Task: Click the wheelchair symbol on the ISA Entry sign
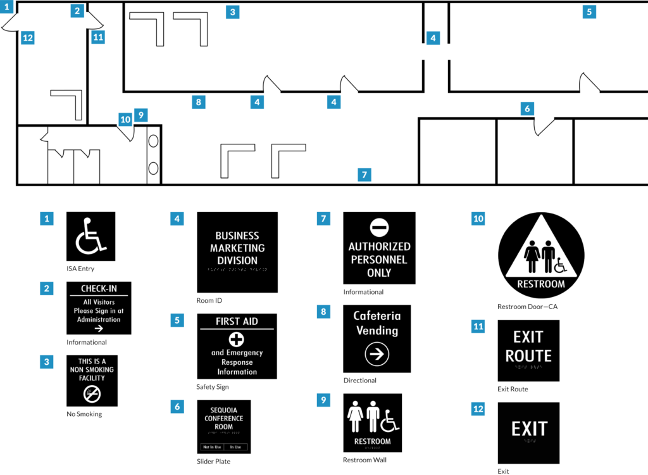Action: click(90, 236)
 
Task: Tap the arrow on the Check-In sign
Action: click(98, 328)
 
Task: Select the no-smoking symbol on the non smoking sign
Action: click(92, 395)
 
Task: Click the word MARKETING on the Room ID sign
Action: click(237, 248)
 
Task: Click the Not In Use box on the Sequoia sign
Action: click(211, 447)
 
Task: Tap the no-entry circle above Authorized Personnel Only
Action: click(379, 227)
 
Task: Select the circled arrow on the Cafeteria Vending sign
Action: click(377, 355)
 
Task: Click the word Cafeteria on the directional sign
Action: click(377, 316)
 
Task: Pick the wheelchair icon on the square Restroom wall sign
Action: click(387, 420)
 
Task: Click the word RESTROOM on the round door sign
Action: click(541, 284)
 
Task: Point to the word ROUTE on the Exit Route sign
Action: click(528, 355)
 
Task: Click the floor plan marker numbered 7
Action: click(363, 175)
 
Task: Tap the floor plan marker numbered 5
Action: click(589, 11)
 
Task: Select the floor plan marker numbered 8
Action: click(199, 101)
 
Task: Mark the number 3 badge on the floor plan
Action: click(233, 12)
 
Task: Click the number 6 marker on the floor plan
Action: click(527, 109)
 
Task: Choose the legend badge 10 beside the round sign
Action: click(478, 219)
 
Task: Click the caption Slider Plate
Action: click(213, 462)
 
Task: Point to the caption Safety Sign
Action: click(213, 386)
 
